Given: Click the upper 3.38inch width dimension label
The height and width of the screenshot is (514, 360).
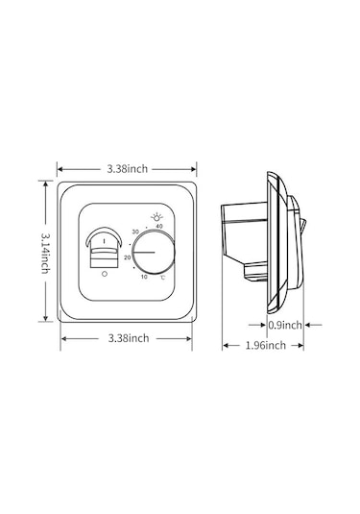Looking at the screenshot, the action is click(x=128, y=169).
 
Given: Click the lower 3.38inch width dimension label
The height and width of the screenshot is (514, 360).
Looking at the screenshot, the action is click(x=129, y=338).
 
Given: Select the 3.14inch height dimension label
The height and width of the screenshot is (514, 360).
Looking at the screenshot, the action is click(x=45, y=253).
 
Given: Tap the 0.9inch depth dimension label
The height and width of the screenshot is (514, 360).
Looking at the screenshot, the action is click(x=285, y=325).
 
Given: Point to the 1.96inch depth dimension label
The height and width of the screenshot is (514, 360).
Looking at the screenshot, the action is click(x=266, y=345).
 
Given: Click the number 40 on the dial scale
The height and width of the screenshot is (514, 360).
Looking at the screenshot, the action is click(x=158, y=226).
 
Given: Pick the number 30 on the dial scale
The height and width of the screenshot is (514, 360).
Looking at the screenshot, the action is click(x=135, y=232).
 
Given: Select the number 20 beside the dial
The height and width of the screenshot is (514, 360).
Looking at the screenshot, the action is click(x=128, y=257).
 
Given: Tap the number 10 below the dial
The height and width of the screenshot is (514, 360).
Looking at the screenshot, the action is click(x=144, y=277).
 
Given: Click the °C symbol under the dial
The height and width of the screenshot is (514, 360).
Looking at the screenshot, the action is click(x=163, y=278).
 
